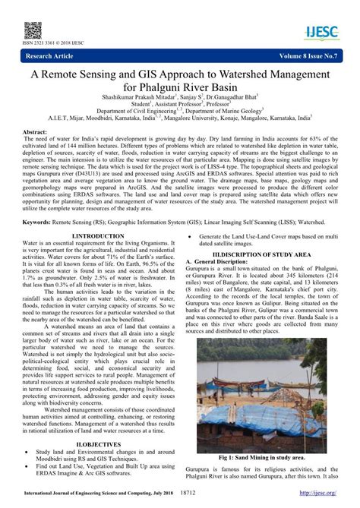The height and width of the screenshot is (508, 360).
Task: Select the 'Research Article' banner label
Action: point(54,55)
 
